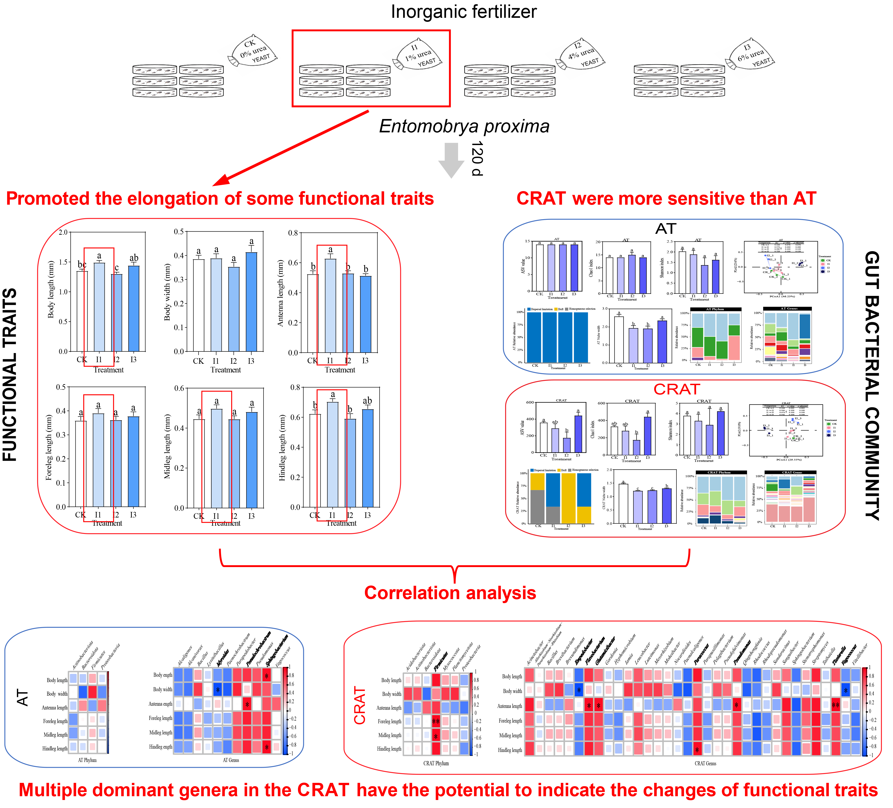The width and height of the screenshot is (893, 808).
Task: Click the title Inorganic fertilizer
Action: pyautogui.click(x=463, y=12)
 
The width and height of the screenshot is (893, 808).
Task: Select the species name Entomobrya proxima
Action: pyautogui.click(x=464, y=126)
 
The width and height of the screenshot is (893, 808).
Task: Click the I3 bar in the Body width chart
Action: pyautogui.click(x=251, y=301)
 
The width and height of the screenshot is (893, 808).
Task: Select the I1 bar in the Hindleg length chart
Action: pyautogui.click(x=332, y=454)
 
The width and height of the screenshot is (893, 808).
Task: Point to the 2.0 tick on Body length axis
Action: pyautogui.click(x=63, y=232)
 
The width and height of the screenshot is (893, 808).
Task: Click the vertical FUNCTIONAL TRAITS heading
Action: pyautogui.click(x=10, y=375)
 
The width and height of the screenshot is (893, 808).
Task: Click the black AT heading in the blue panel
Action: pyautogui.click(x=665, y=229)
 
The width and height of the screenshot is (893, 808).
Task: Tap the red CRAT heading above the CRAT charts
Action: pyautogui.click(x=676, y=389)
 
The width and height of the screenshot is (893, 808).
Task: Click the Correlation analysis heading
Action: pyautogui.click(x=450, y=593)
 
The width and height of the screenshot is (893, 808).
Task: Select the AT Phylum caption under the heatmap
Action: pyautogui.click(x=87, y=760)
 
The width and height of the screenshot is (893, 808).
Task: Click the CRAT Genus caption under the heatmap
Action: pyautogui.click(x=705, y=763)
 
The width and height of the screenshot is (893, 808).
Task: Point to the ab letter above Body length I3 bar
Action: pyautogui.click(x=134, y=258)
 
